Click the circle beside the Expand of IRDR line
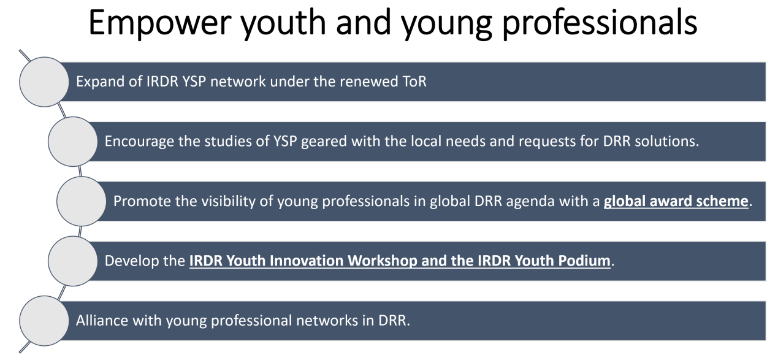pos(44,82)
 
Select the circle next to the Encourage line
pos(72,142)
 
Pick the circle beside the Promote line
pos(82,201)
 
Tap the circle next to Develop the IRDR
pos(72,261)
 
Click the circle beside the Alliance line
pos(44,321)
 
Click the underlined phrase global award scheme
pos(676,202)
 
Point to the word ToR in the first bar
pos(414,82)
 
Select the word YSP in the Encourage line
pos(285,142)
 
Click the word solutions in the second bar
pos(667,142)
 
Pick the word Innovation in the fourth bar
pos(307,261)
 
